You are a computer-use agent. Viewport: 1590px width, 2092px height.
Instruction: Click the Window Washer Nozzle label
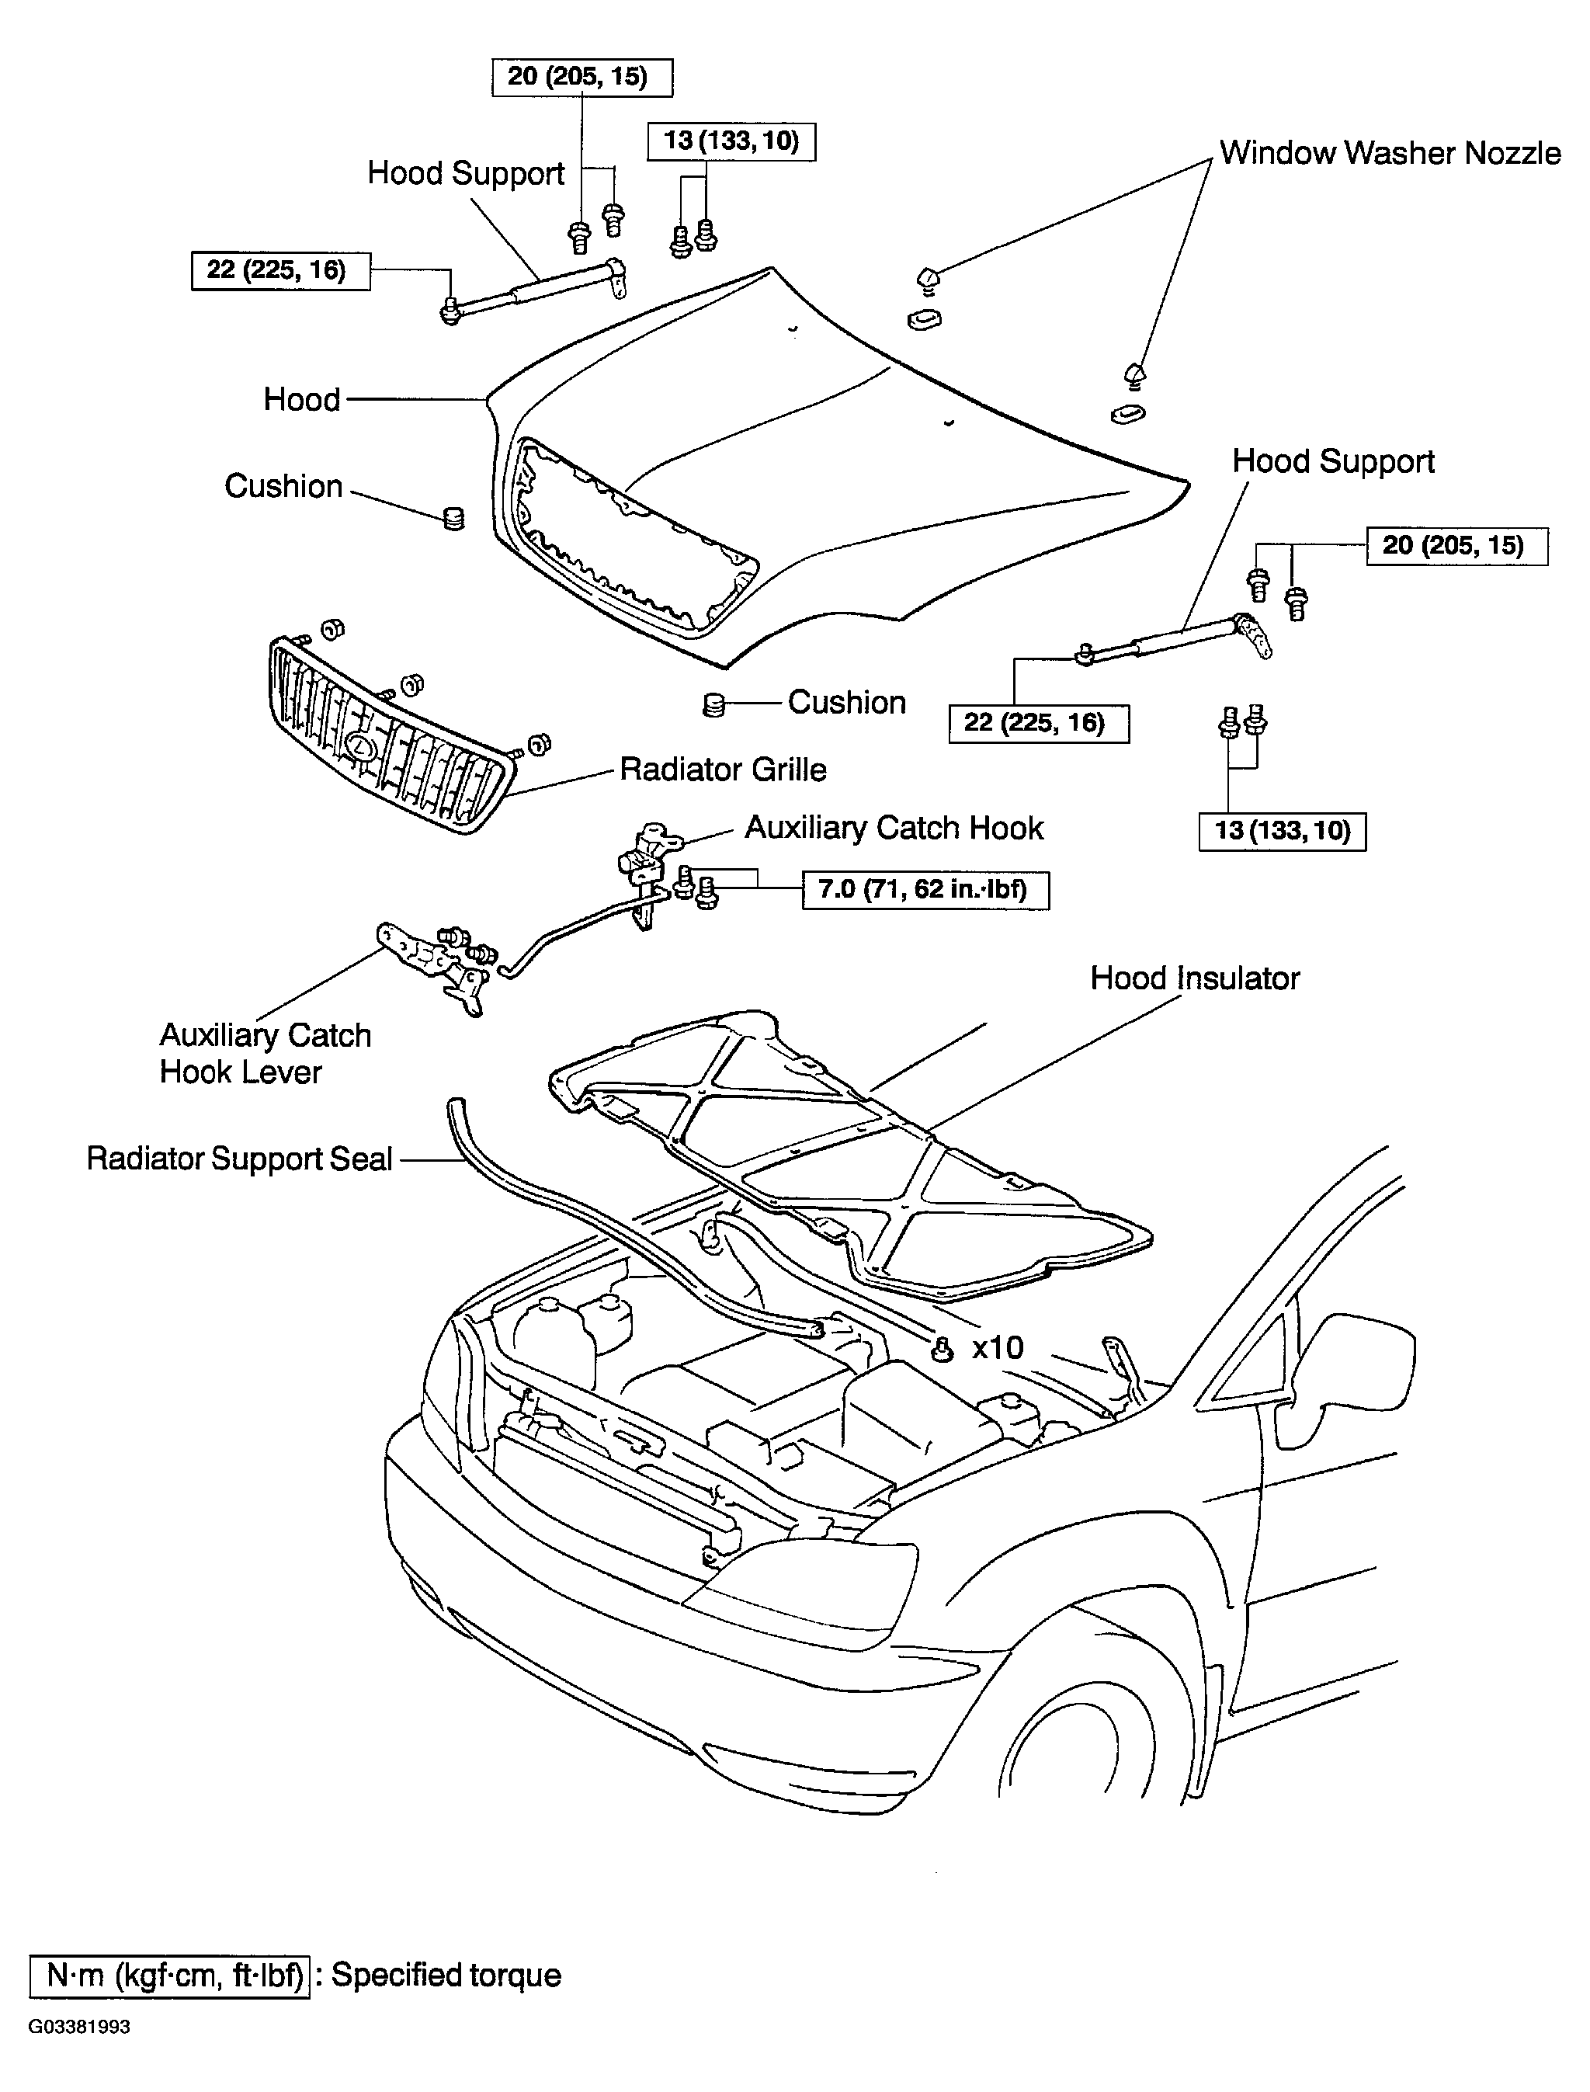[1390, 153]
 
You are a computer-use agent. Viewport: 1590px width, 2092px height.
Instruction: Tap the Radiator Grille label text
[723, 770]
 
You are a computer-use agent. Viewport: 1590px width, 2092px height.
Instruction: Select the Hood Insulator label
[1194, 978]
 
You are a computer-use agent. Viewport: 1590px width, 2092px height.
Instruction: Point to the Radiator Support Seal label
[238, 1159]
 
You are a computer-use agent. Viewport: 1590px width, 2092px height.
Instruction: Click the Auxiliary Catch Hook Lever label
[265, 1054]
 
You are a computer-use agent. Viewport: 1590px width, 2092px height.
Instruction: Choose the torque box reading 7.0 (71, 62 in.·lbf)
[925, 890]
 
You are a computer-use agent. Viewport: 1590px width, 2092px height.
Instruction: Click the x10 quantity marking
[998, 1347]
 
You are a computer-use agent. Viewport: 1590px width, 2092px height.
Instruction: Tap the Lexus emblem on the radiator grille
[360, 748]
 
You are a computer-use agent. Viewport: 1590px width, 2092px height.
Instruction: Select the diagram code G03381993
[79, 2027]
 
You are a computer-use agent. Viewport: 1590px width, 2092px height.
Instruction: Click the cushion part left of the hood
[454, 518]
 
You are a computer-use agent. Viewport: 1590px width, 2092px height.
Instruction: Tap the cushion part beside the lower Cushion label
[714, 704]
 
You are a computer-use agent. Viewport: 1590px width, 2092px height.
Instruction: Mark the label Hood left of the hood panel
[302, 399]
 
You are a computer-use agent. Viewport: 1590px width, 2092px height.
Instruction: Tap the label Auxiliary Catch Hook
[894, 829]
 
